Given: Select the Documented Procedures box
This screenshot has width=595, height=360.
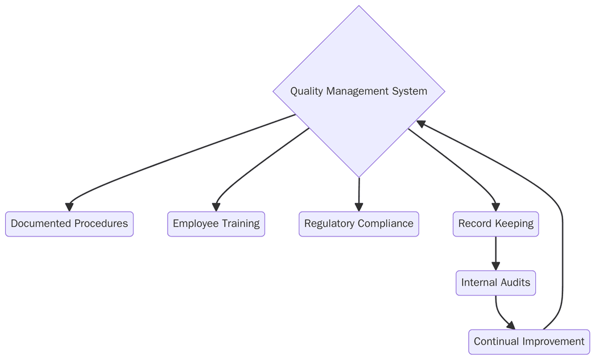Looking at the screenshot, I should (x=69, y=224).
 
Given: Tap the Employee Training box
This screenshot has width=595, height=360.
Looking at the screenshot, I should (x=216, y=224).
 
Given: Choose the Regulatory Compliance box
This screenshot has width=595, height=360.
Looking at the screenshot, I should (x=359, y=224).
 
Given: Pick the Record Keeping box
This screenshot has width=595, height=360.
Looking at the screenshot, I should (x=495, y=224).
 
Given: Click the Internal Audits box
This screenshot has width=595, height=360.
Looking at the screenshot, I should (x=495, y=283).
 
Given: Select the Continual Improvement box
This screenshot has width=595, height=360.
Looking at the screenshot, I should (x=529, y=342).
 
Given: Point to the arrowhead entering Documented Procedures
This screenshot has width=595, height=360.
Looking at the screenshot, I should (x=69, y=207).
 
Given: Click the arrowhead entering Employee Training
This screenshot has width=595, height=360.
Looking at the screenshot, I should (x=216, y=207).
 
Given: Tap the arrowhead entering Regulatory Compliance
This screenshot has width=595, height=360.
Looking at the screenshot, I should (x=359, y=207).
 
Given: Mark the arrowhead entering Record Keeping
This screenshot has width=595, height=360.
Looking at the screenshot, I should (x=495, y=207).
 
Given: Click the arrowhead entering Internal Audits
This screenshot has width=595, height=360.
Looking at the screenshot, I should (x=495, y=266).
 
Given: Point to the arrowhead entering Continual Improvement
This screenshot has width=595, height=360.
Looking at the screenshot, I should (x=511, y=325).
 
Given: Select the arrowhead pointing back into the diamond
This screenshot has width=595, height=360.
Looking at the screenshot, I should (x=422, y=123).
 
